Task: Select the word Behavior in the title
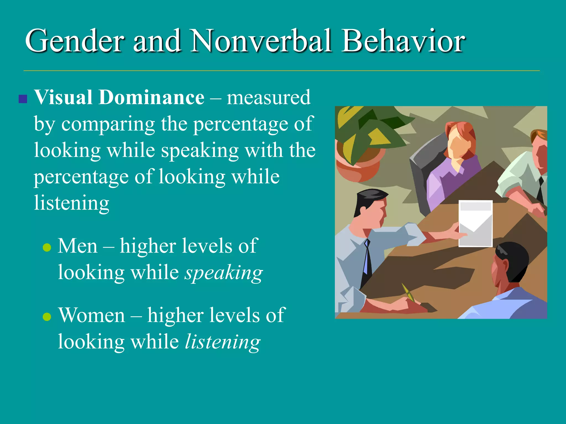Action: point(403,41)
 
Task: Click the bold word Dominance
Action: point(151,98)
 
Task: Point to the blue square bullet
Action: point(23,99)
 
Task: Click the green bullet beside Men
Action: point(47,247)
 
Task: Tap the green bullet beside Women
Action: point(47,317)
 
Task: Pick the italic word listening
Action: point(222,342)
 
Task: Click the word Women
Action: point(92,315)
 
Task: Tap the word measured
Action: point(269,98)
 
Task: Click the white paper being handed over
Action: point(475,224)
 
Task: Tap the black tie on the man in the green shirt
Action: point(541,190)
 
